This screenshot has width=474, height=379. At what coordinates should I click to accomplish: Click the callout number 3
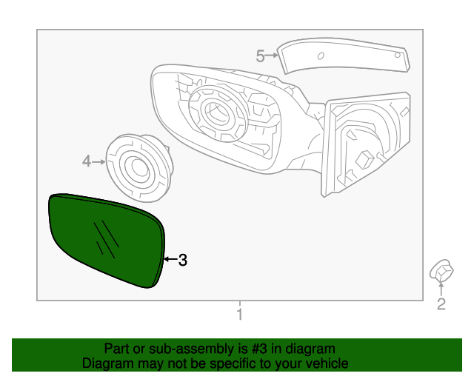click(x=183, y=260)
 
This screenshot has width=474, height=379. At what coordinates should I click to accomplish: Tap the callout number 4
click(x=86, y=161)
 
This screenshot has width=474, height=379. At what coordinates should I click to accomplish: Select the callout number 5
click(x=260, y=56)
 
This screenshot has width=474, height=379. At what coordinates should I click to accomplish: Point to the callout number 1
click(x=238, y=315)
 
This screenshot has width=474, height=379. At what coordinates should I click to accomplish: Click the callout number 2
click(x=441, y=304)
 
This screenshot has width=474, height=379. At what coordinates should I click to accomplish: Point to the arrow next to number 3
click(x=170, y=260)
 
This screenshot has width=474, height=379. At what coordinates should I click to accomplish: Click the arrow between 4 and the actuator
click(x=99, y=161)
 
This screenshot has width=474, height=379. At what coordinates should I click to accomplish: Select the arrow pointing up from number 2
click(x=441, y=289)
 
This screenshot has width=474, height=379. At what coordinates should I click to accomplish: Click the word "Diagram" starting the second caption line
click(x=104, y=363)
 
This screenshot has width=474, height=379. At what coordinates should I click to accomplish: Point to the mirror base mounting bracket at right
click(x=367, y=144)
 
